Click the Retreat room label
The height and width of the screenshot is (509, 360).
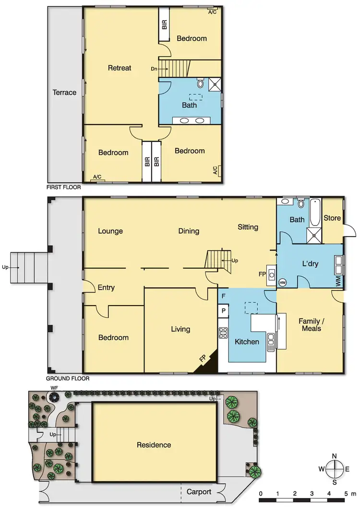coord(120,68)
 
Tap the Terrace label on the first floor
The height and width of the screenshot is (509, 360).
coord(65,93)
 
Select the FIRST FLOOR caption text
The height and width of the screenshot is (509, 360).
coord(64,188)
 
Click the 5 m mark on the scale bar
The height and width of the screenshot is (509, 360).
coord(346,493)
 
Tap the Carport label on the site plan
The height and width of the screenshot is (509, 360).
coord(199,492)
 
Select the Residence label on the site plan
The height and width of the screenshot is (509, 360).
coord(154,445)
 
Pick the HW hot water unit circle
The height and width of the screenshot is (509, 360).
coord(282,283)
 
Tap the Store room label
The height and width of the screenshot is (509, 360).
coord(332,218)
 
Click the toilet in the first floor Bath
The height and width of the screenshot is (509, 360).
coord(200,84)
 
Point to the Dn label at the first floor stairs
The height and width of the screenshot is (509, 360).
coord(154,69)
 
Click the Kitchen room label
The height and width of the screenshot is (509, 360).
coord(247,342)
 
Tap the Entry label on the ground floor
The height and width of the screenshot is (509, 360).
coord(106,287)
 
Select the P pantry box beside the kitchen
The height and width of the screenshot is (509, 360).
coord(223,311)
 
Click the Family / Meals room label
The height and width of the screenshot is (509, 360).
coord(310,325)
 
